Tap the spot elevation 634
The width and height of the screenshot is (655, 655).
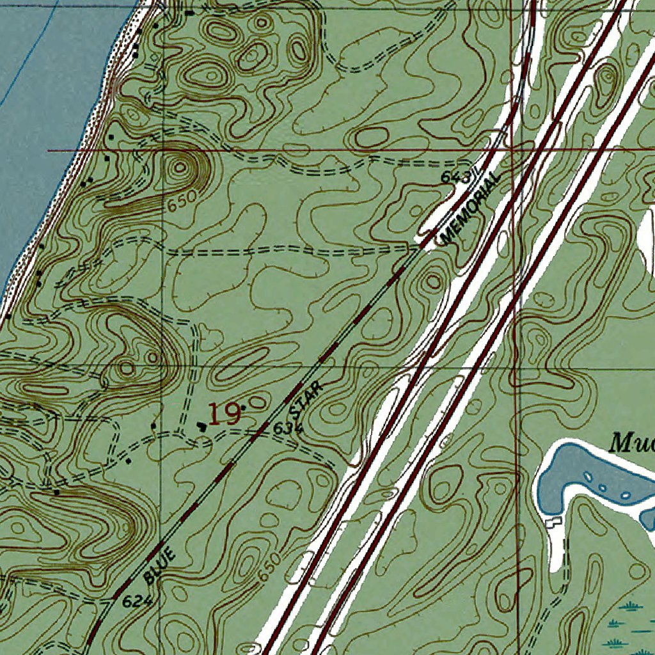(287, 430)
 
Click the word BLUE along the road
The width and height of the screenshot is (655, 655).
(160, 565)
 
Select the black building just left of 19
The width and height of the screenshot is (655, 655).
(202, 425)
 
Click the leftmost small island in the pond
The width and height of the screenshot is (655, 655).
(587, 475)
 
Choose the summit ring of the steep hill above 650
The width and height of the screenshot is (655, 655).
(181, 168)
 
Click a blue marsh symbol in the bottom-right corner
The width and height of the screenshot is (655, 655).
(630, 604)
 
